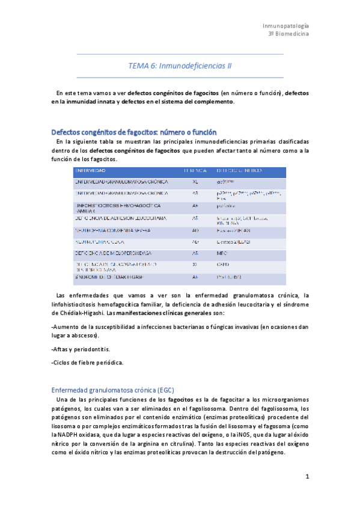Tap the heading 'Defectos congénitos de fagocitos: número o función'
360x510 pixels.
[x=134, y=132]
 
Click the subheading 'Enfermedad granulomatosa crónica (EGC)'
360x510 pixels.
[x=113, y=389]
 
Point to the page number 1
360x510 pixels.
[x=307, y=477]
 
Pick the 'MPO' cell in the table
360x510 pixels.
[x=222, y=254]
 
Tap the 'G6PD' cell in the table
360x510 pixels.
[x=223, y=265]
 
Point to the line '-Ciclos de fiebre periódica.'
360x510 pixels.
[x=88, y=363]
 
